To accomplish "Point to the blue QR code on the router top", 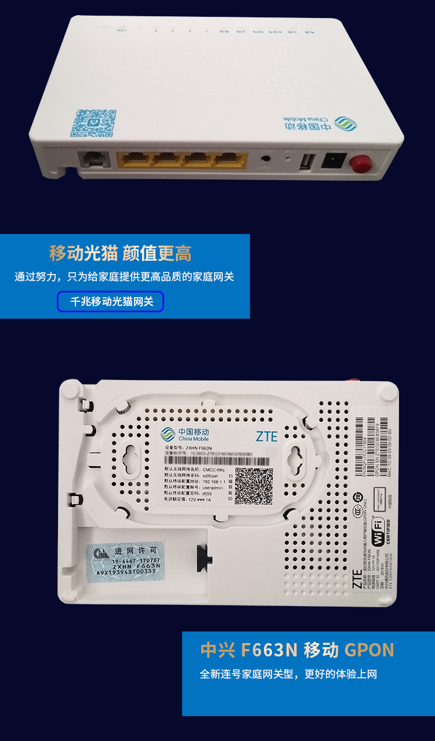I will [93, 123].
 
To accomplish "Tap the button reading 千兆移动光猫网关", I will [110, 302].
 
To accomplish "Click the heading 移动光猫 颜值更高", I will [120, 254].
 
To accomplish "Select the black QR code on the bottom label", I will [253, 486].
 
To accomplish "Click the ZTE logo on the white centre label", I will [266, 436].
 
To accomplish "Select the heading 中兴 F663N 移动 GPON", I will [297, 650].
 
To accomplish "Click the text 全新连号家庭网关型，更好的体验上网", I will [288, 674].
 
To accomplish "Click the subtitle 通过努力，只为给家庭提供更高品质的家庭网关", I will [124, 277].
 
